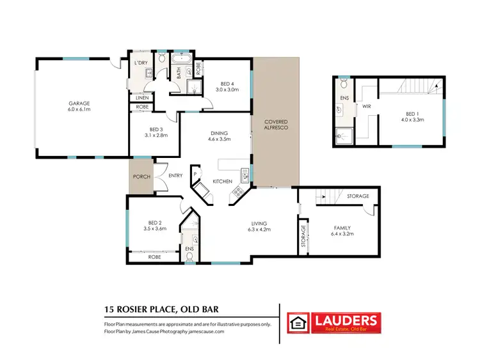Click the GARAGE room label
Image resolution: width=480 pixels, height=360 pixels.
pos(79,103)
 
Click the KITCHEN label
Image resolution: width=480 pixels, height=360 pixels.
pos(222,182)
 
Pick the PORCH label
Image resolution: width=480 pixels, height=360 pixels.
pos(141,177)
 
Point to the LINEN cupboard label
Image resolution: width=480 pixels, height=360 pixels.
pos(141,97)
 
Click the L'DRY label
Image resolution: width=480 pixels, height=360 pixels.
pos(140,63)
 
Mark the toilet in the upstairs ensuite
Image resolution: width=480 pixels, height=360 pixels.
pos(344,85)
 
